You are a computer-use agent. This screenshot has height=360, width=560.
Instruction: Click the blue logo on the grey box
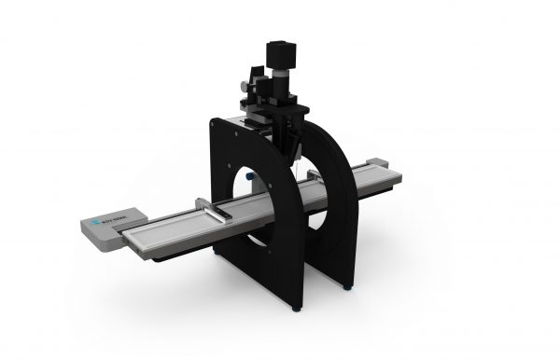100,224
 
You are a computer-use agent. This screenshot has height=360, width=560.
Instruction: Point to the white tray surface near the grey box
154,233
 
